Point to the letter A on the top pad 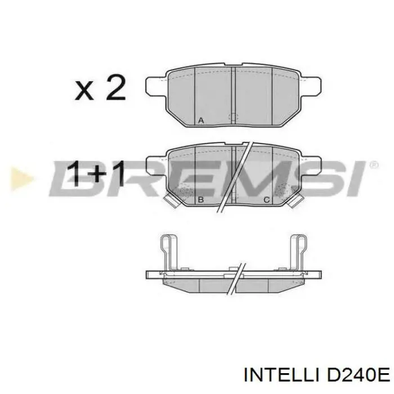click(x=201, y=119)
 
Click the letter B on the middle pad click(x=201, y=200)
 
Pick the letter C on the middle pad click(x=266, y=200)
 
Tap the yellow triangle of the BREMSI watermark click(x=21, y=178)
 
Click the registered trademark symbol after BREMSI click(x=373, y=165)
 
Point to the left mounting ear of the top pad click(x=156, y=86)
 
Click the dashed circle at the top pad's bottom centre click(x=233, y=117)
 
